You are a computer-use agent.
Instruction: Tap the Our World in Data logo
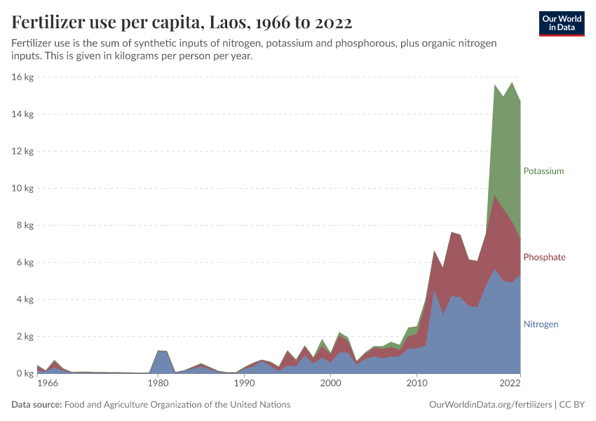[561, 23]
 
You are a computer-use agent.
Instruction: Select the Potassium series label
[543, 171]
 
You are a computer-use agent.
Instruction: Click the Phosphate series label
[544, 258]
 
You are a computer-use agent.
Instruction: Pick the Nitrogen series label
[541, 324]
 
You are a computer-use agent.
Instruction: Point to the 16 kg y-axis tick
[23, 76]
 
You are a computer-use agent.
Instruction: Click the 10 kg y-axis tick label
[23, 188]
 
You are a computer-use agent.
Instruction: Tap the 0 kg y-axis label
[25, 374]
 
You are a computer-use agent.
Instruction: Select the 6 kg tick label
[25, 262]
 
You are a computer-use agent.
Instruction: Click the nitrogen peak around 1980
[161, 351]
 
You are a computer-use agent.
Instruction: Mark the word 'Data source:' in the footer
[36, 405]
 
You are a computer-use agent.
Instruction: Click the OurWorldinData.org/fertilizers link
[488, 405]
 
